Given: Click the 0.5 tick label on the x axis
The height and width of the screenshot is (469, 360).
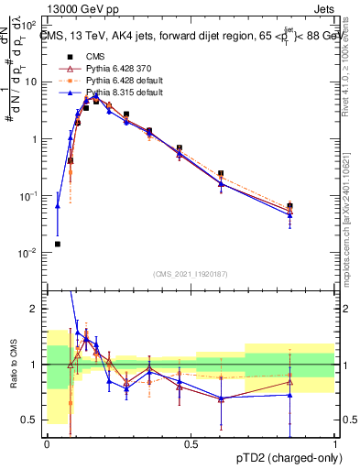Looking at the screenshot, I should tap(191, 443).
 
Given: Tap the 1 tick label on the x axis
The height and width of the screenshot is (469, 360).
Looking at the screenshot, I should tap(334, 443).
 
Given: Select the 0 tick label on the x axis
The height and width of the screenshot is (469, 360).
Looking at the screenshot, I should tap(47, 443).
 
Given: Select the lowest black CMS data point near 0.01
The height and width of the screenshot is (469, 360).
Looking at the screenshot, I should tap(58, 245).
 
